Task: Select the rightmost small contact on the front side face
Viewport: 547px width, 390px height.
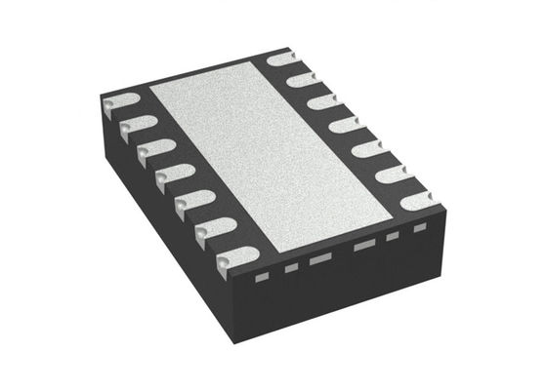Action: click(421, 230)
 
